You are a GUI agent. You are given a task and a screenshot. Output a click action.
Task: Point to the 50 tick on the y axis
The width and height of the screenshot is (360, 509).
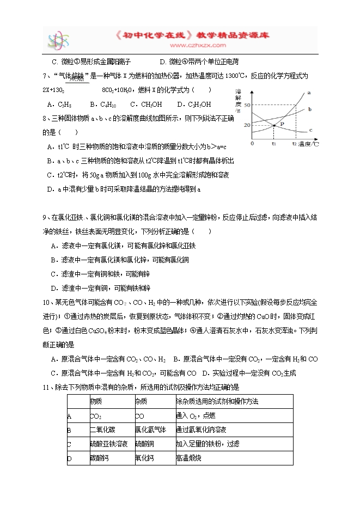coord(247,105)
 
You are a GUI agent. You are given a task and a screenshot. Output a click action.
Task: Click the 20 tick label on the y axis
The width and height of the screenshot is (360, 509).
coord(247,126)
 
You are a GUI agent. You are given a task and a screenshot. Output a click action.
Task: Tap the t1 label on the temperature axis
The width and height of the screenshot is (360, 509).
coord(274,144)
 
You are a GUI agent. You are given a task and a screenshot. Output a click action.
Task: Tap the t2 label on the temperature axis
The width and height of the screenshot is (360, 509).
coord(294,144)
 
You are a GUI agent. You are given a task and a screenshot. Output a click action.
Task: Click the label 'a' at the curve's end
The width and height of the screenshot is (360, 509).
coord(309,93)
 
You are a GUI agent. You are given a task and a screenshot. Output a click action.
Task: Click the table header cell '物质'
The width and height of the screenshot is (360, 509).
coord(96,401)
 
